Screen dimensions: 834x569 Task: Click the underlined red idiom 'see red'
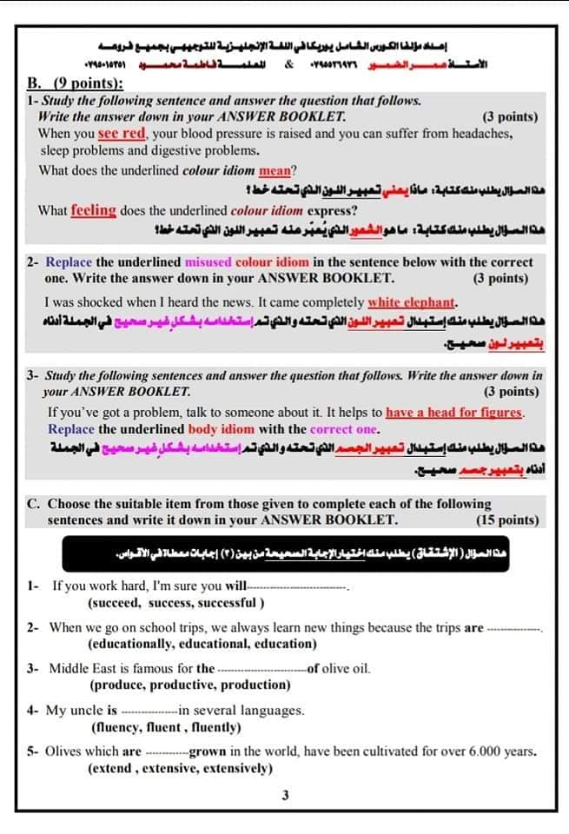(122, 134)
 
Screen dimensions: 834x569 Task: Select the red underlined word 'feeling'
(93, 210)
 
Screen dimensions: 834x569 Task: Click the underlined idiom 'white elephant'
(412, 302)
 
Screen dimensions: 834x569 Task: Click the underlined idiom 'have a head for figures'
(455, 413)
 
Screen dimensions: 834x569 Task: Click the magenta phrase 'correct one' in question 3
(344, 429)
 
